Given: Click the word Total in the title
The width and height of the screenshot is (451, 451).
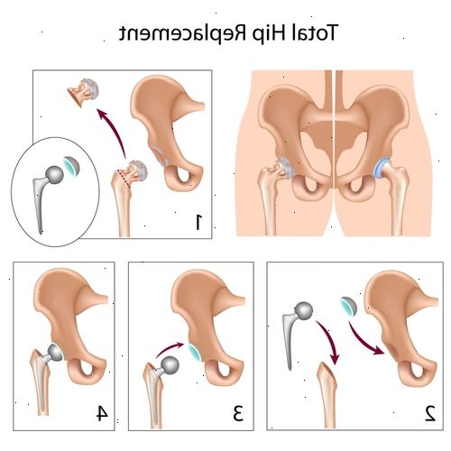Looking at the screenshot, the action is (x=315, y=32).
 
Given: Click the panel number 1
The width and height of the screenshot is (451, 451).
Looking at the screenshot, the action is (x=198, y=222).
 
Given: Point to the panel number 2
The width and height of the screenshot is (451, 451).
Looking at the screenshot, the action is (x=430, y=412).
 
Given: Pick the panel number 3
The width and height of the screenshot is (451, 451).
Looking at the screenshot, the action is (x=237, y=412).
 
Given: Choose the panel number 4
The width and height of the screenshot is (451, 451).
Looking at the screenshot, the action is (x=102, y=412).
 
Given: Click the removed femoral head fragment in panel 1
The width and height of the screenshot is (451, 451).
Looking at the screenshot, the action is (x=83, y=92).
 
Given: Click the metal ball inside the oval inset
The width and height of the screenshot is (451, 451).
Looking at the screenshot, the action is (x=54, y=175).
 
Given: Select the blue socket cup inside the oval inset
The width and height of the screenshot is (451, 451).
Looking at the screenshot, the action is (x=71, y=166).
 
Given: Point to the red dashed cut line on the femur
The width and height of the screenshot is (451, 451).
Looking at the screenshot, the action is (x=124, y=179).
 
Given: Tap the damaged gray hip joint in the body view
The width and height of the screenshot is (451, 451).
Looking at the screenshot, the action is (x=284, y=169).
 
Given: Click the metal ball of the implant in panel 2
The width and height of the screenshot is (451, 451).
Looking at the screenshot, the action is (x=304, y=311).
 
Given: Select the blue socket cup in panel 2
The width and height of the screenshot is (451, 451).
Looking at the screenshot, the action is (x=349, y=306).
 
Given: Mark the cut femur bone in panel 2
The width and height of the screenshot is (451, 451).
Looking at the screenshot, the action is (x=328, y=395).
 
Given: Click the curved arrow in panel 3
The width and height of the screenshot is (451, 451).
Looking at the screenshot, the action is (x=169, y=349).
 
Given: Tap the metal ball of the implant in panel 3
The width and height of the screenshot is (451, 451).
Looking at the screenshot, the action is (x=170, y=365).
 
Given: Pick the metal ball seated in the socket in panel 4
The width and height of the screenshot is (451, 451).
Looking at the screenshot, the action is (x=55, y=352).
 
